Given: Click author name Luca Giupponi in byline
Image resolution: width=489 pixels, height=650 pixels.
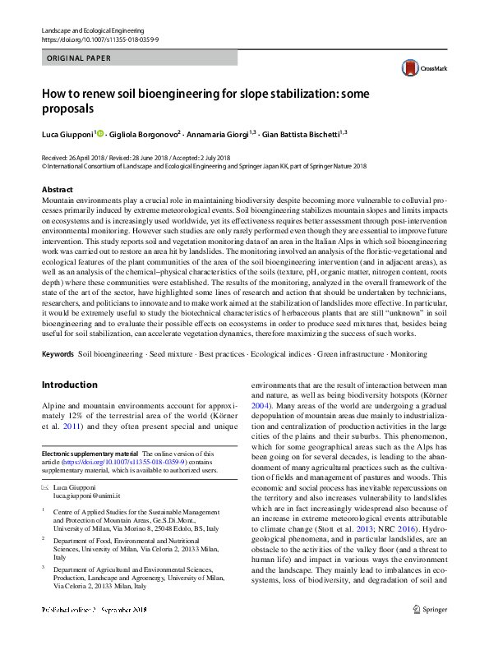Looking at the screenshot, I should click(68, 133).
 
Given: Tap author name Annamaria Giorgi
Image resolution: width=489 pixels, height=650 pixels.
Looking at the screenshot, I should click(217, 133).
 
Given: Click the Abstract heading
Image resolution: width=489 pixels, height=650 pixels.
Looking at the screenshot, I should click(57, 190).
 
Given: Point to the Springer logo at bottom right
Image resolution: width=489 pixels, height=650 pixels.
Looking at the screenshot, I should click(429, 632).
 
